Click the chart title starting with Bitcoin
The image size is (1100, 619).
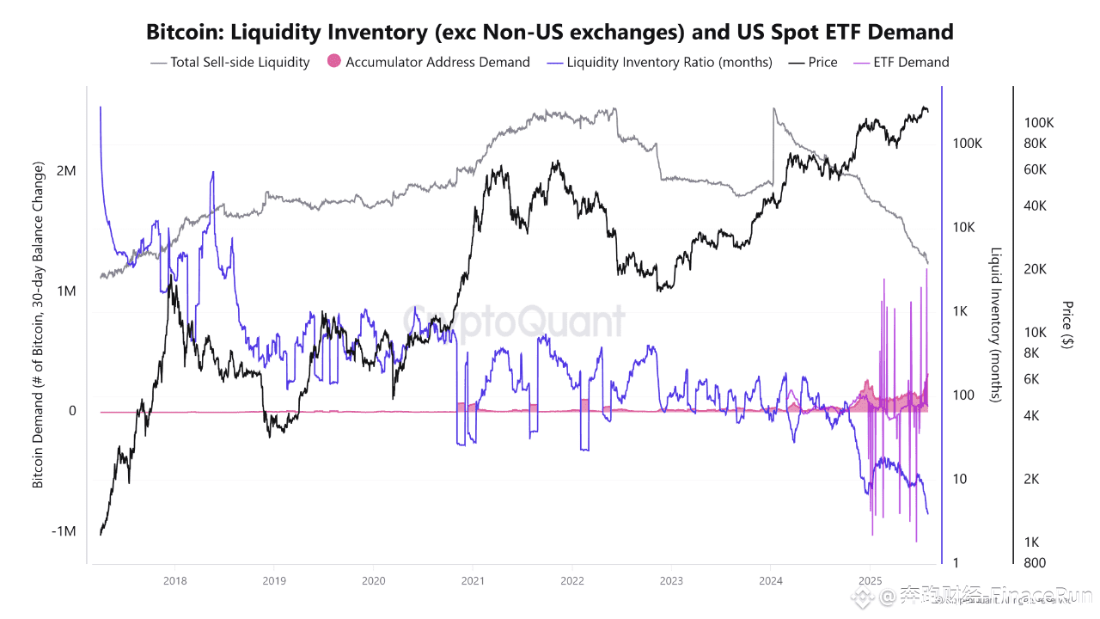550,32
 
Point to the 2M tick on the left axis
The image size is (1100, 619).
66,171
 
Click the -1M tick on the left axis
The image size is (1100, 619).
64,531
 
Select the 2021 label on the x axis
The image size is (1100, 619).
472,581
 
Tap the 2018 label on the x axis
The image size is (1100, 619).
174,581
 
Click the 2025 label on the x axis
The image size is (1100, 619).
871,581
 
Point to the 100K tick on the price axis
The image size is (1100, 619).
1039,123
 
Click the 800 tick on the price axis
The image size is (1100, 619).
1035,563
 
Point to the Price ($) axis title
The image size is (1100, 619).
1067,325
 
